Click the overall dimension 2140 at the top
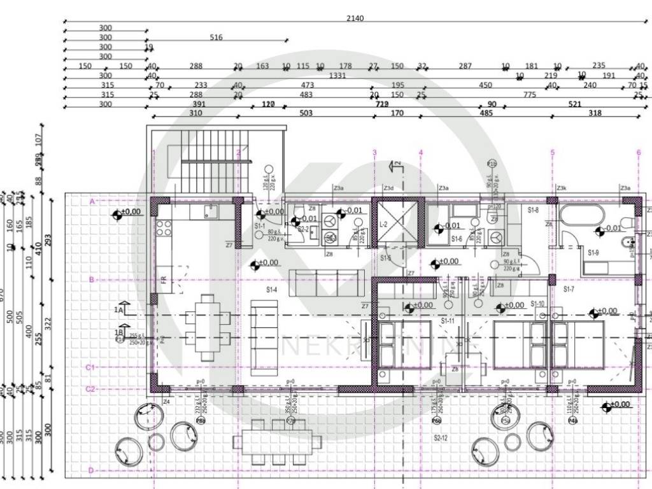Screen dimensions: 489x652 point(355,18)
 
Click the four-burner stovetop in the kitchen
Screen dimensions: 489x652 point(164,227)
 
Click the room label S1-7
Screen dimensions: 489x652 point(569,288)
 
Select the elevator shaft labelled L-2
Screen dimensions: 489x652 point(395,224)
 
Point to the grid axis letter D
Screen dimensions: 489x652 point(91,471)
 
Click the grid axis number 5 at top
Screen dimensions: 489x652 point(552,153)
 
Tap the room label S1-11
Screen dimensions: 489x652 point(448,322)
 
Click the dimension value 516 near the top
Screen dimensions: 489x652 point(216,38)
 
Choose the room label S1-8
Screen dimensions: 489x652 point(534,209)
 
